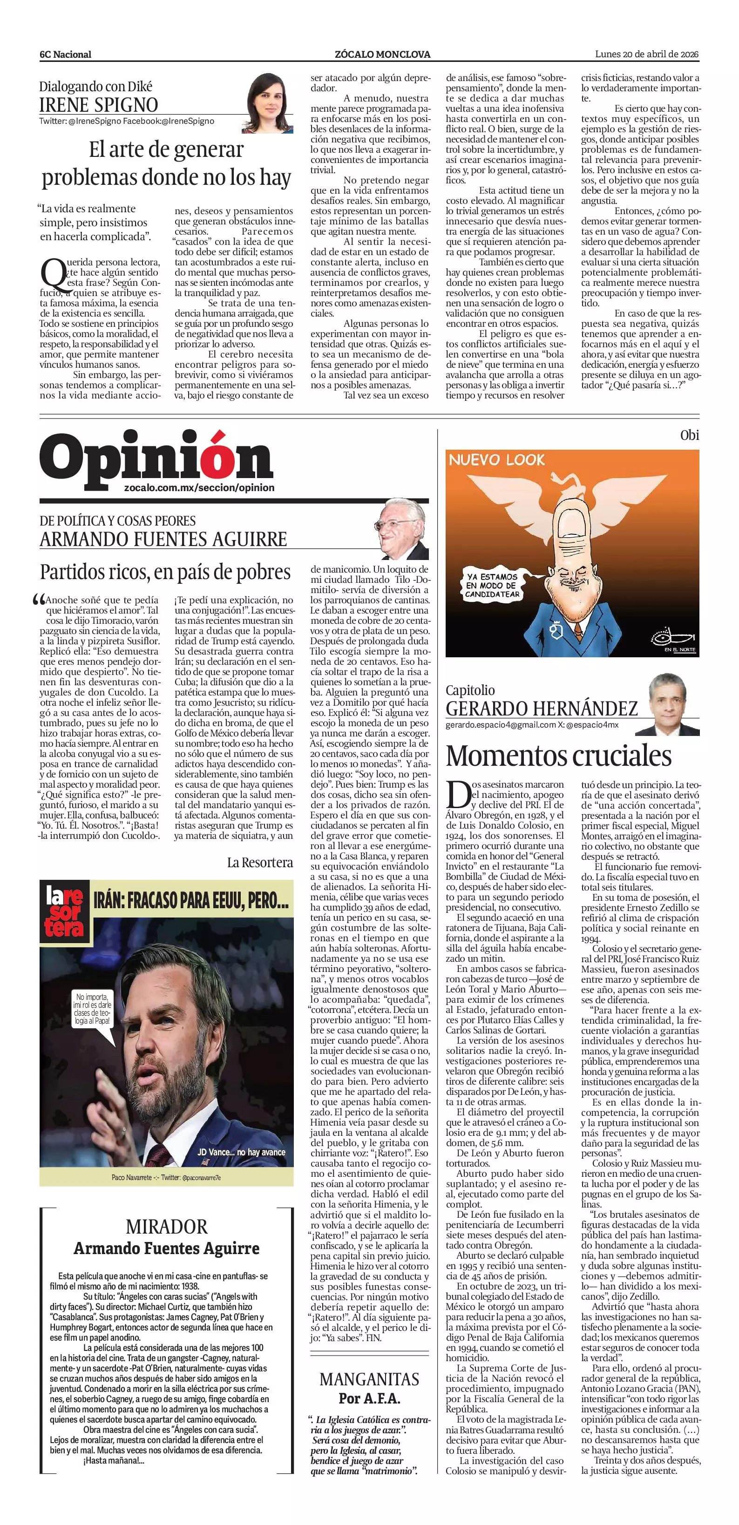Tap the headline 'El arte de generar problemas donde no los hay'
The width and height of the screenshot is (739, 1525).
coord(166,164)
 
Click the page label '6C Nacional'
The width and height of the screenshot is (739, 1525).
coord(65,54)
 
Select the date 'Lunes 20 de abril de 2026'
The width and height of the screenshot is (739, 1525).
coord(647,54)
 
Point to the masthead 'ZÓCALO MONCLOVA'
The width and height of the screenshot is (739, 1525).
coord(382,54)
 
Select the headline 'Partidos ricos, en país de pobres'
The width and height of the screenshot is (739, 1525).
coord(165,572)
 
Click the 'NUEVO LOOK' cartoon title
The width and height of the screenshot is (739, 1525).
coord(496,460)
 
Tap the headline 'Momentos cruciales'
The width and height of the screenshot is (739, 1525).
coord(558,756)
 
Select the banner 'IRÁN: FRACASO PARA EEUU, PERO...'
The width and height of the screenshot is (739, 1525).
coord(190,901)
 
